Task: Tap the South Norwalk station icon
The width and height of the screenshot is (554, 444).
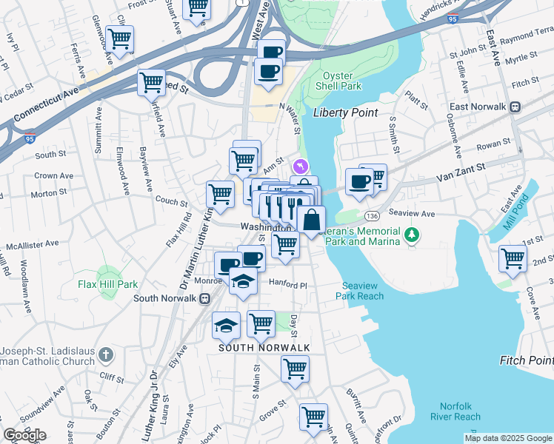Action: [x=204, y=298]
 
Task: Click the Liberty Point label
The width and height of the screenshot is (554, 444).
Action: [x=345, y=113]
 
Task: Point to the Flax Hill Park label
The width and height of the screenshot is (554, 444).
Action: [x=109, y=283]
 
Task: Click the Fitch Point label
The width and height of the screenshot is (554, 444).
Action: [x=526, y=360]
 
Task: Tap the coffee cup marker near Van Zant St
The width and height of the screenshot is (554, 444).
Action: [x=359, y=181]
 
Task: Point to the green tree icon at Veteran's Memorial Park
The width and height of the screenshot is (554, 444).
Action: [x=413, y=236]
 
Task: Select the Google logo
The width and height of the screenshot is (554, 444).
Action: [x=24, y=436]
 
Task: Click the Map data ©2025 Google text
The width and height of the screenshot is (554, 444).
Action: [x=508, y=438]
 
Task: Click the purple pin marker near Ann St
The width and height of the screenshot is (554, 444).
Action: [x=300, y=166]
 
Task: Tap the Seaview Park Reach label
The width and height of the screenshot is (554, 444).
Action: [x=363, y=291]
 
